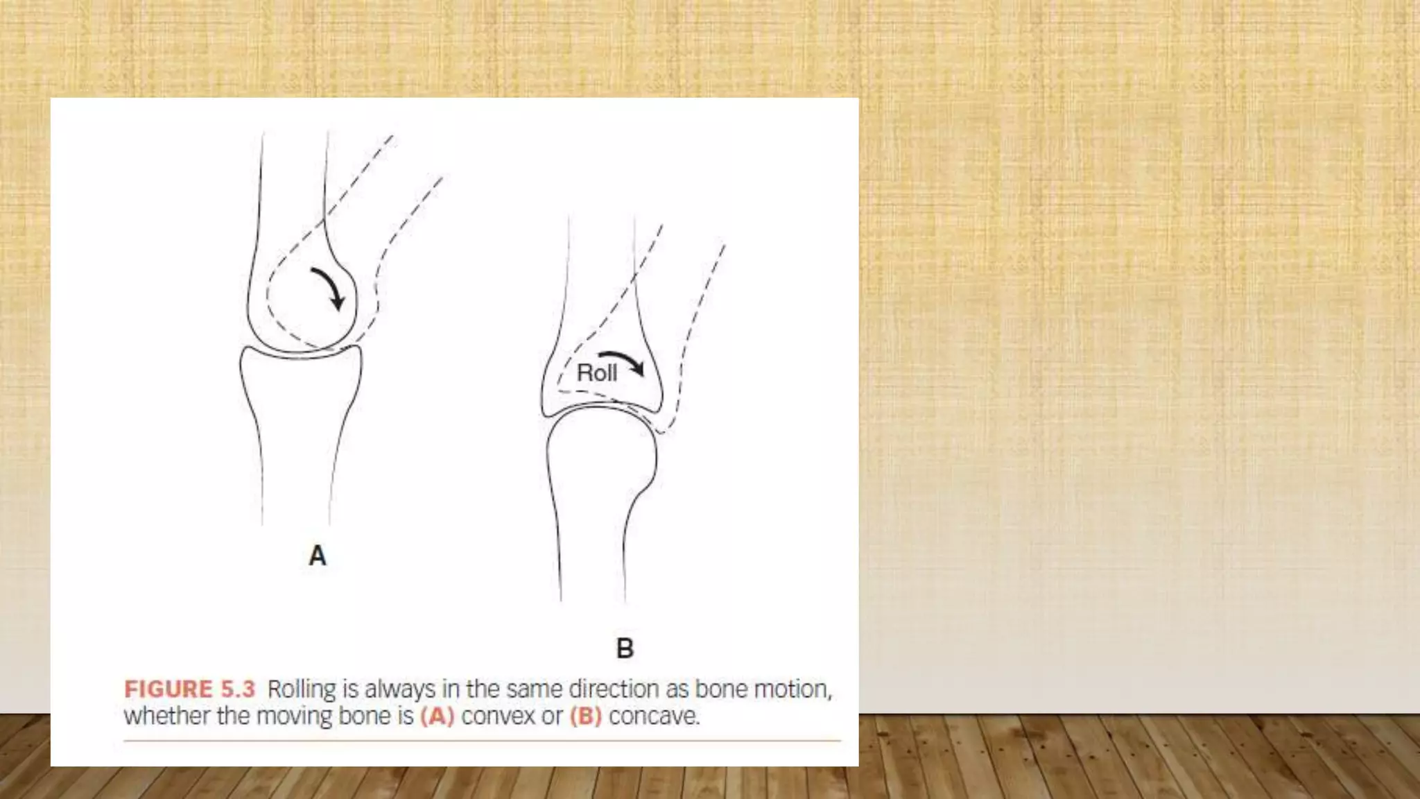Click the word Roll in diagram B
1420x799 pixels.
point(596,373)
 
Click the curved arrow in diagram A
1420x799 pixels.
point(329,287)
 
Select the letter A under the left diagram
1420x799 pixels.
point(318,556)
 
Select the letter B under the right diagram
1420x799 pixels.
point(625,648)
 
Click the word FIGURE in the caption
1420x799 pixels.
point(168,689)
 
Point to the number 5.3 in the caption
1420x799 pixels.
point(238,689)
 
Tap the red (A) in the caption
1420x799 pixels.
point(437,716)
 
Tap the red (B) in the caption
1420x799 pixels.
point(586,716)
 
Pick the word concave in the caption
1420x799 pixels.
point(654,716)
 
